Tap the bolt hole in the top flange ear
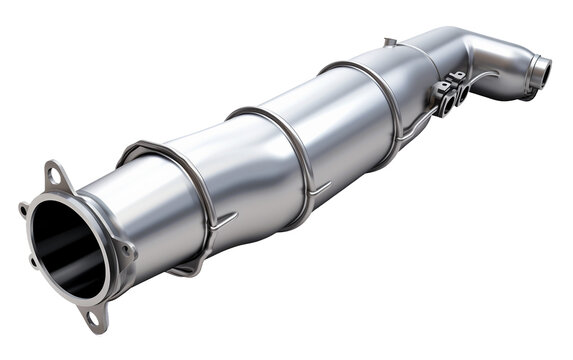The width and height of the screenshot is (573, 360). pyautogui.click(x=51, y=177)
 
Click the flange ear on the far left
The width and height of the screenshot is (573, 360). pyautogui.click(x=24, y=210)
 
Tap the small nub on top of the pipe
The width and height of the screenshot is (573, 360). pyautogui.click(x=389, y=42)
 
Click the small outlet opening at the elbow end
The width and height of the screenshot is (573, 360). pyautogui.click(x=541, y=73)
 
